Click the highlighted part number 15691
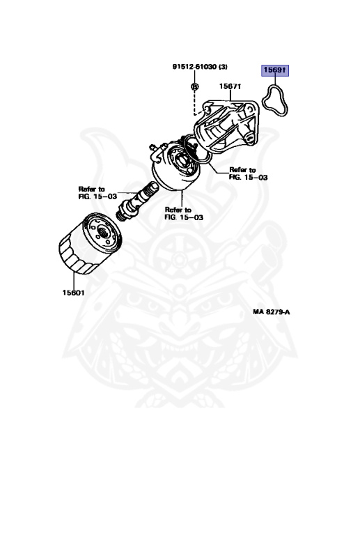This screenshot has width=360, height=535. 275,70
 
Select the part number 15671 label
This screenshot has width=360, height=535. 230,86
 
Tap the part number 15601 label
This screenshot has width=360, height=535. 74,293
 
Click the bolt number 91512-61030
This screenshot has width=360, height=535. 194,67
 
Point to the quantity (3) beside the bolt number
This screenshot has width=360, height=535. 223,67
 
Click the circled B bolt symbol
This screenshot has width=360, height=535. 195,86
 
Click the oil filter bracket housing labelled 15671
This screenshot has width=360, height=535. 227,125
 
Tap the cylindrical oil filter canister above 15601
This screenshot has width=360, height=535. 90,243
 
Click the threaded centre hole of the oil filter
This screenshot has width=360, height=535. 103,234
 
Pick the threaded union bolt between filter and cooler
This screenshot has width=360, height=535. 137,201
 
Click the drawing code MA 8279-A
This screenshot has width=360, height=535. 272,312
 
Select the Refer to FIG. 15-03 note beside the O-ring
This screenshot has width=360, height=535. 248,173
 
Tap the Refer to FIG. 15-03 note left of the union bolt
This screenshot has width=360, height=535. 98,193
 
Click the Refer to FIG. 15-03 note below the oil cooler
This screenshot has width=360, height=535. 184,213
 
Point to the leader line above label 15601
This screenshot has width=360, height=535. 74,281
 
